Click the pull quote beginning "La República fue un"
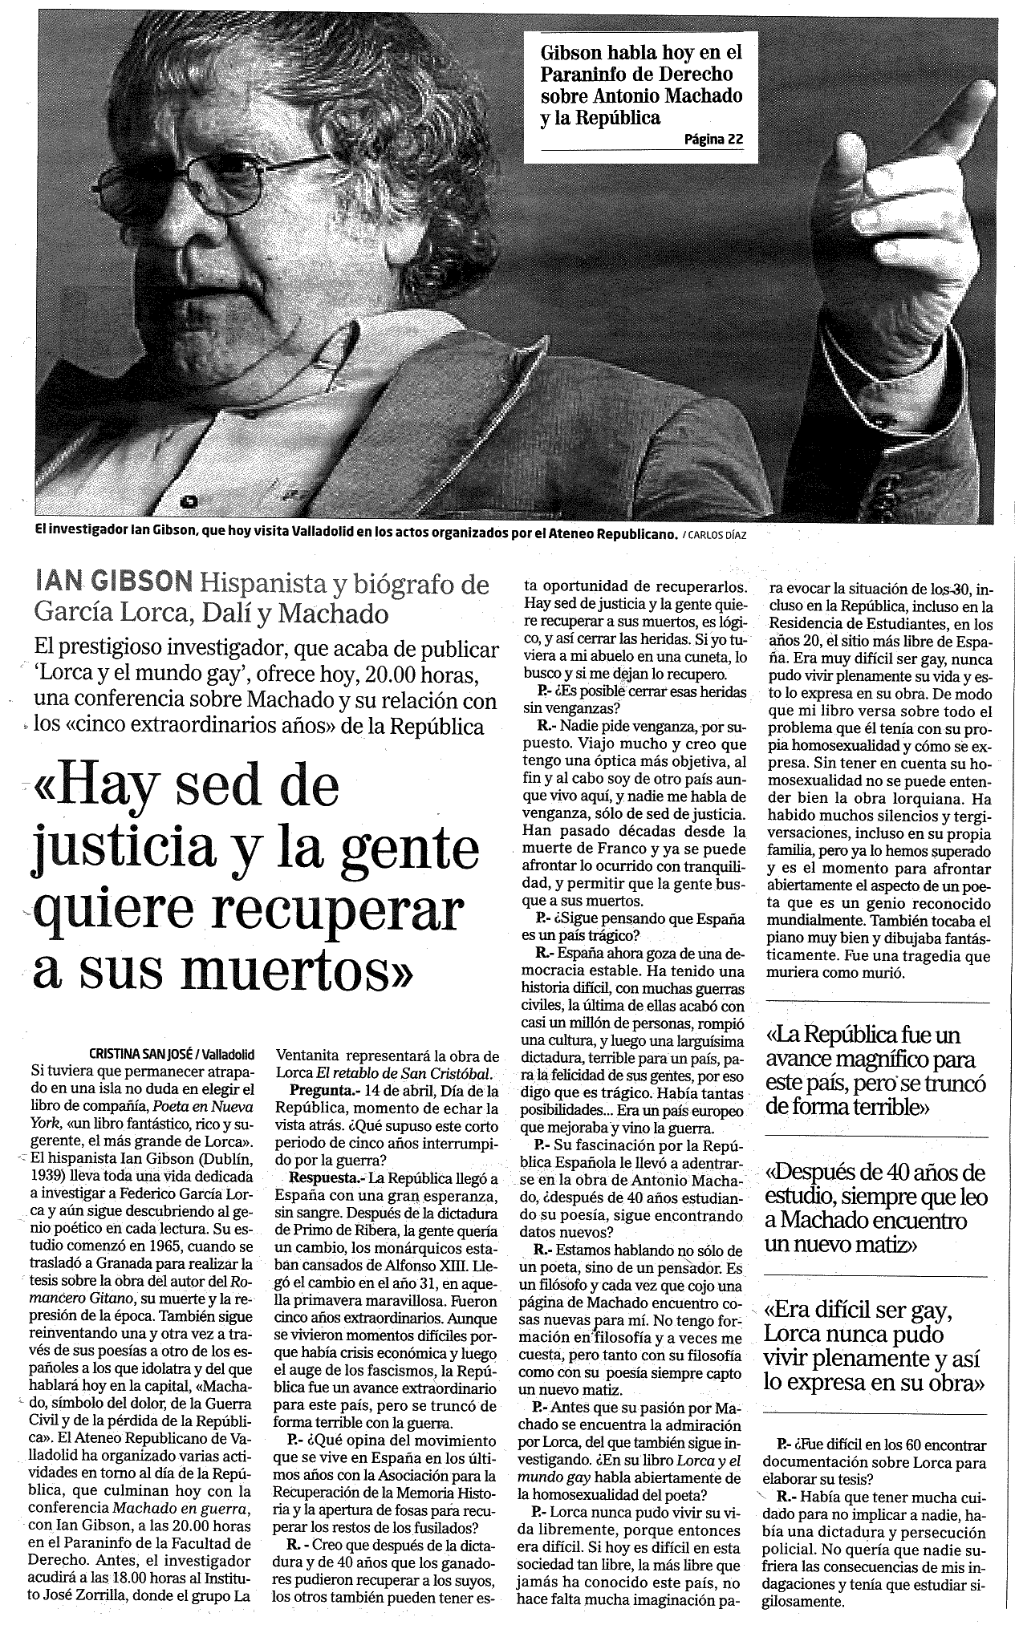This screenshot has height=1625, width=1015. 875,1071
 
